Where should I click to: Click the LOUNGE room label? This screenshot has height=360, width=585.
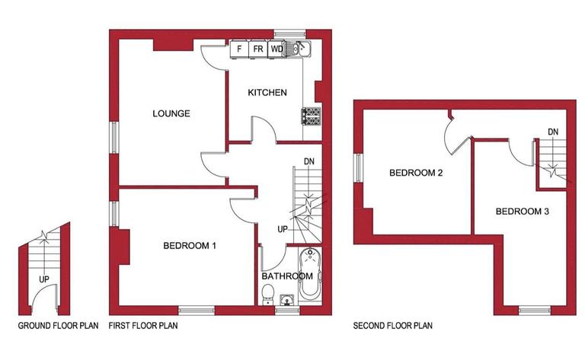point(171,114)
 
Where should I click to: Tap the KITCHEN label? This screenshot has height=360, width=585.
point(267,93)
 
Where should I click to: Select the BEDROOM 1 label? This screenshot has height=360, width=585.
point(190,246)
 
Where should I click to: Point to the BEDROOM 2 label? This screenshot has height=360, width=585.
point(416,173)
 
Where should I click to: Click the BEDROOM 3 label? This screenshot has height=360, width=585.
point(522,211)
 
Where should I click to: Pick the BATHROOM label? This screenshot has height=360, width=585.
point(287,276)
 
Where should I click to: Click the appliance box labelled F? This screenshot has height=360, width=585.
point(240,49)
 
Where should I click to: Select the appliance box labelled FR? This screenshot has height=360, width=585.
point(258,49)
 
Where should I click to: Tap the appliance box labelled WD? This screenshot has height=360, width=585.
point(277,49)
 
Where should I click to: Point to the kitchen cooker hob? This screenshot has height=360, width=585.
point(311,116)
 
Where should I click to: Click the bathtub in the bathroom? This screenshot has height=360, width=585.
point(312,276)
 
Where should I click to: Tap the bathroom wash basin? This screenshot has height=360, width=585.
point(287,299)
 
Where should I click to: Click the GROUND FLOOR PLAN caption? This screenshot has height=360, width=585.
point(59,327)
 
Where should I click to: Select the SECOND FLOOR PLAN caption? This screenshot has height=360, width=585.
point(393,327)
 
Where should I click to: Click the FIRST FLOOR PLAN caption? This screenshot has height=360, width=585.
point(143,327)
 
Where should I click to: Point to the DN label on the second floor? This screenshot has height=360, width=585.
point(553,132)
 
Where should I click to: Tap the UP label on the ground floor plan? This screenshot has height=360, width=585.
point(44,279)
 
